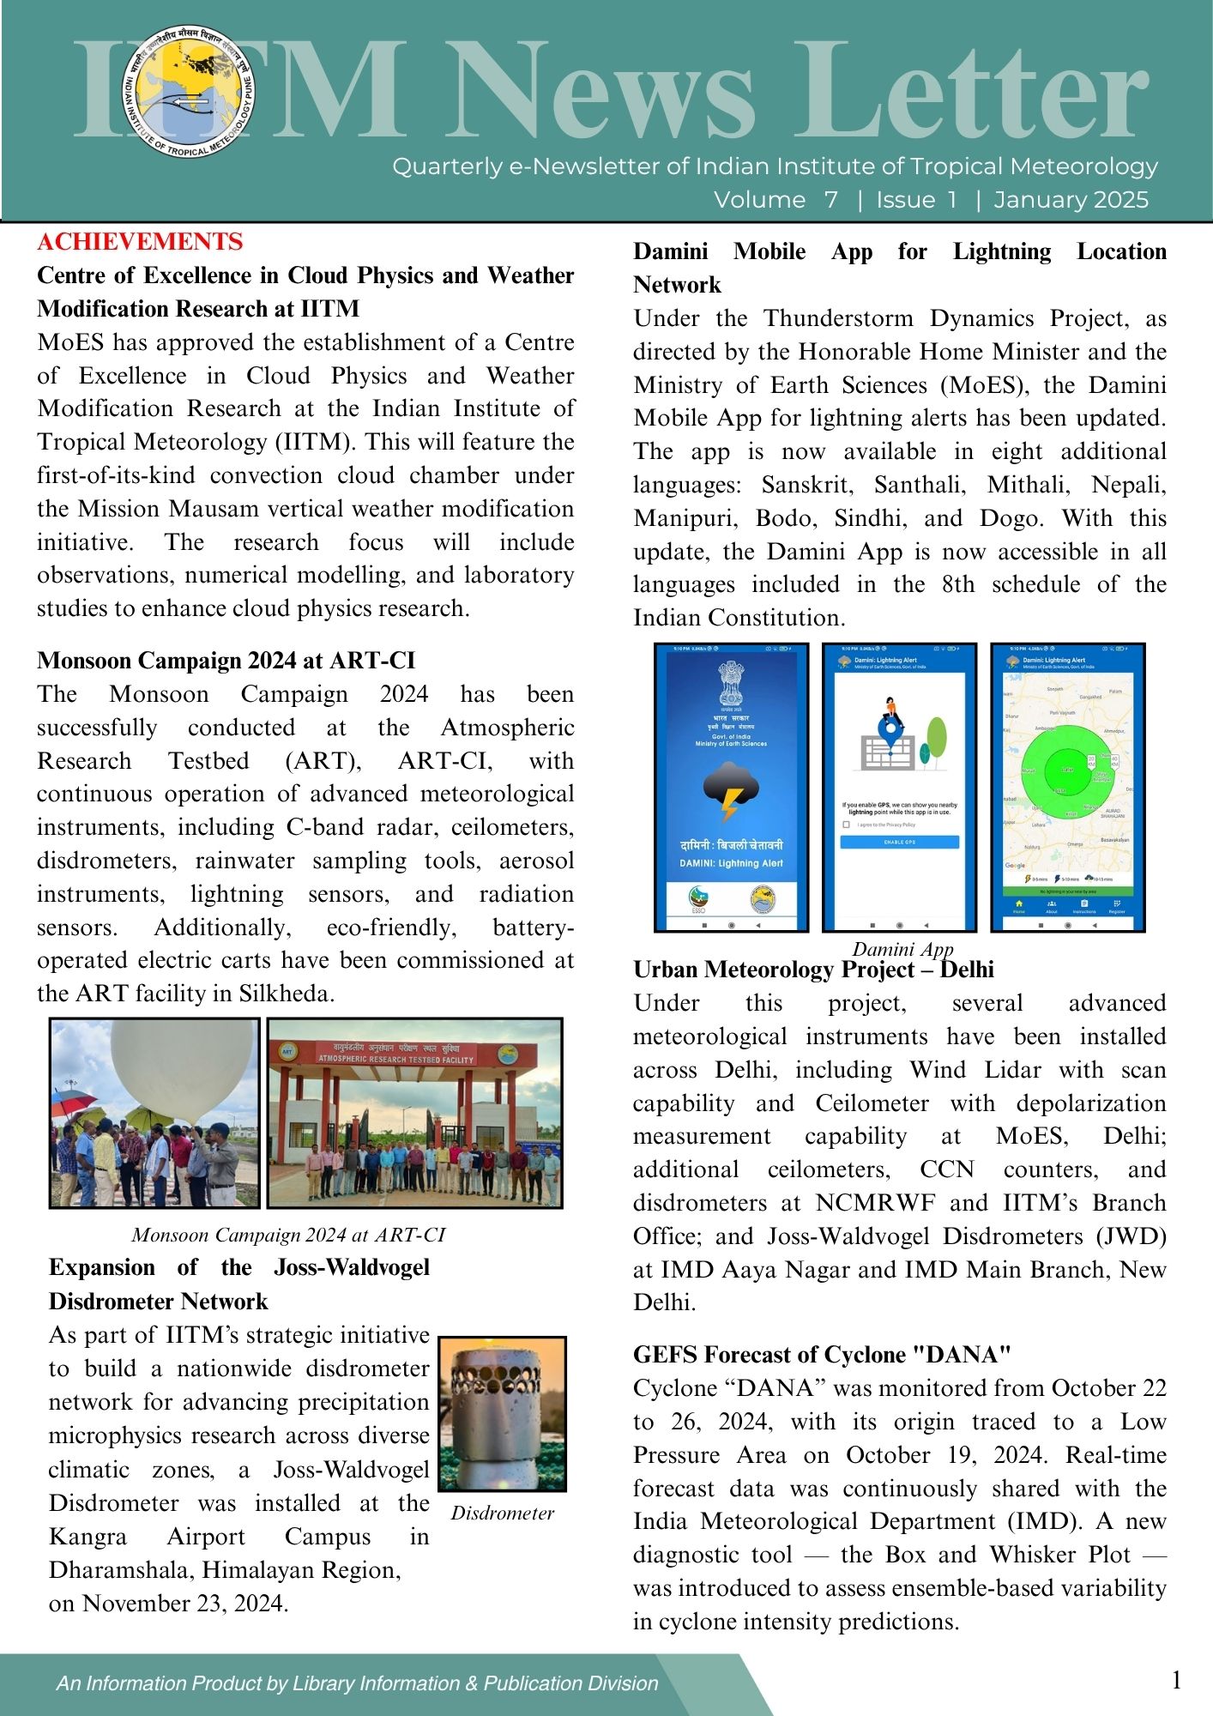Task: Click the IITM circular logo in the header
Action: (189, 92)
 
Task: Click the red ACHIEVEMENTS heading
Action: (140, 242)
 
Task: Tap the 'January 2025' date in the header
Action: (1071, 200)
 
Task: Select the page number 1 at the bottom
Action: (1176, 1680)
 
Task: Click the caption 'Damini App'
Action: (902, 949)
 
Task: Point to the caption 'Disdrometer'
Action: (502, 1513)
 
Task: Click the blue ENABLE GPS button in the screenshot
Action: (899, 843)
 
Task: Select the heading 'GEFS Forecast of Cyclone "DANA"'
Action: (822, 1355)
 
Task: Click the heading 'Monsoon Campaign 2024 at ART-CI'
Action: (226, 661)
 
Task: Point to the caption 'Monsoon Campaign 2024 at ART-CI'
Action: (288, 1235)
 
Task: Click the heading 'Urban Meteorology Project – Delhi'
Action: (813, 970)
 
